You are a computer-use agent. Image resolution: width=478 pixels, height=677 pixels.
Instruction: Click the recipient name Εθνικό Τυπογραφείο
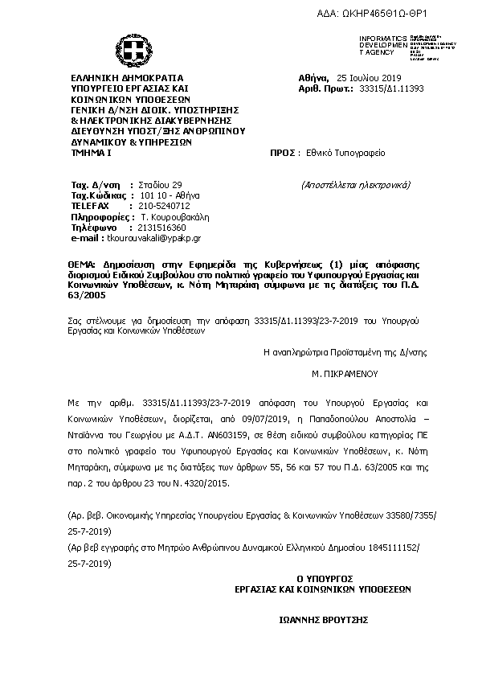(x=341, y=151)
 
